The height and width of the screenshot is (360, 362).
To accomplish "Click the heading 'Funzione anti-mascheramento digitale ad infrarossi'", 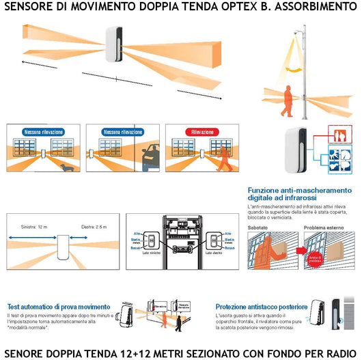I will [290, 194].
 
